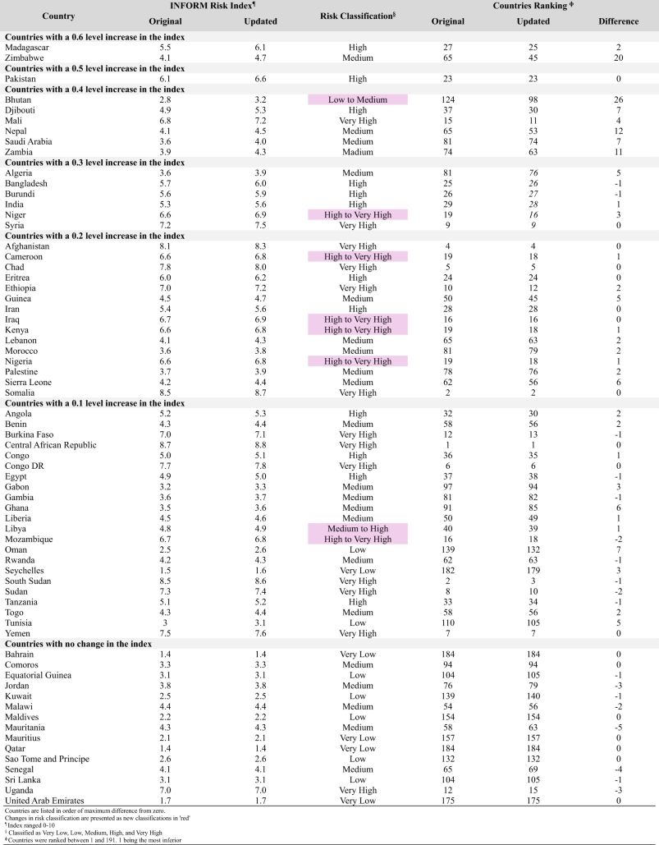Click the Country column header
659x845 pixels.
pos(58,16)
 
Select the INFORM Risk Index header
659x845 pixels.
pos(213,6)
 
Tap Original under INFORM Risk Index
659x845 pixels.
pos(165,21)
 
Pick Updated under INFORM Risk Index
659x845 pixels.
pos(260,21)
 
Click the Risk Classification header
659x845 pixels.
pos(357,16)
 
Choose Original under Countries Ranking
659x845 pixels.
pos(447,21)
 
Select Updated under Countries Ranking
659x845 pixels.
pos(533,21)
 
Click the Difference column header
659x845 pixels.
pos(618,21)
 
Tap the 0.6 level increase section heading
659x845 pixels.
pos(95,37)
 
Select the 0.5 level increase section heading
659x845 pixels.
pos(95,68)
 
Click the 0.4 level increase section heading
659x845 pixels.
pos(95,89)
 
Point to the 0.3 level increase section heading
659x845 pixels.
pos(95,163)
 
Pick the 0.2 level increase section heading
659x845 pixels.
pos(95,236)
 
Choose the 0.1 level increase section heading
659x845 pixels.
pos(95,403)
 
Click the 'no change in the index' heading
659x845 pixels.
pos(79,644)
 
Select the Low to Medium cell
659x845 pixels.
pos(358,100)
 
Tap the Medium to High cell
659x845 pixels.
pos(358,529)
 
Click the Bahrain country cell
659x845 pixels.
pos(20,654)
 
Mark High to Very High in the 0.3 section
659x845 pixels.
pos(358,215)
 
